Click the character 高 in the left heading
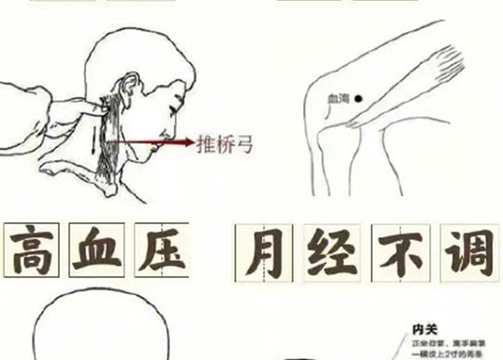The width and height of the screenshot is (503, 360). tap(34, 250)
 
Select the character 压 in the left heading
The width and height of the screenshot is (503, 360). tap(160, 250)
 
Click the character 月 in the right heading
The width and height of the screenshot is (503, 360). tap(263, 253)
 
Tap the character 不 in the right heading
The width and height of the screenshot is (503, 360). tap(399, 253)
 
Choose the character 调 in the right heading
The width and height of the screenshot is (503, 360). tap(466, 253)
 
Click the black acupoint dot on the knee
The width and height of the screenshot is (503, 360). tap(358, 99)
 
